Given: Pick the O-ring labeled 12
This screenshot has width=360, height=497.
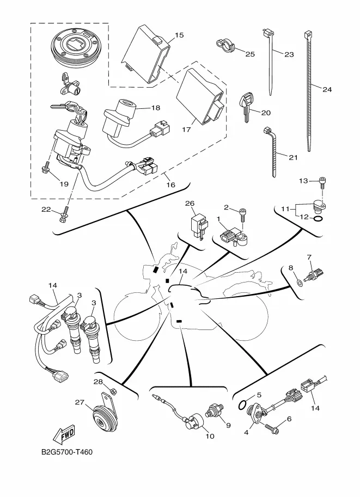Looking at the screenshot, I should pyautogui.click(x=320, y=219).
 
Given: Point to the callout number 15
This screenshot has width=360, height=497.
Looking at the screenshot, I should pyautogui.click(x=179, y=35).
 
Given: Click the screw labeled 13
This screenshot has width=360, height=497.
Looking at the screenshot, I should pyautogui.click(x=322, y=182).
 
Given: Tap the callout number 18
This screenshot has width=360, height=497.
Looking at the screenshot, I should pyautogui.click(x=141, y=108).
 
